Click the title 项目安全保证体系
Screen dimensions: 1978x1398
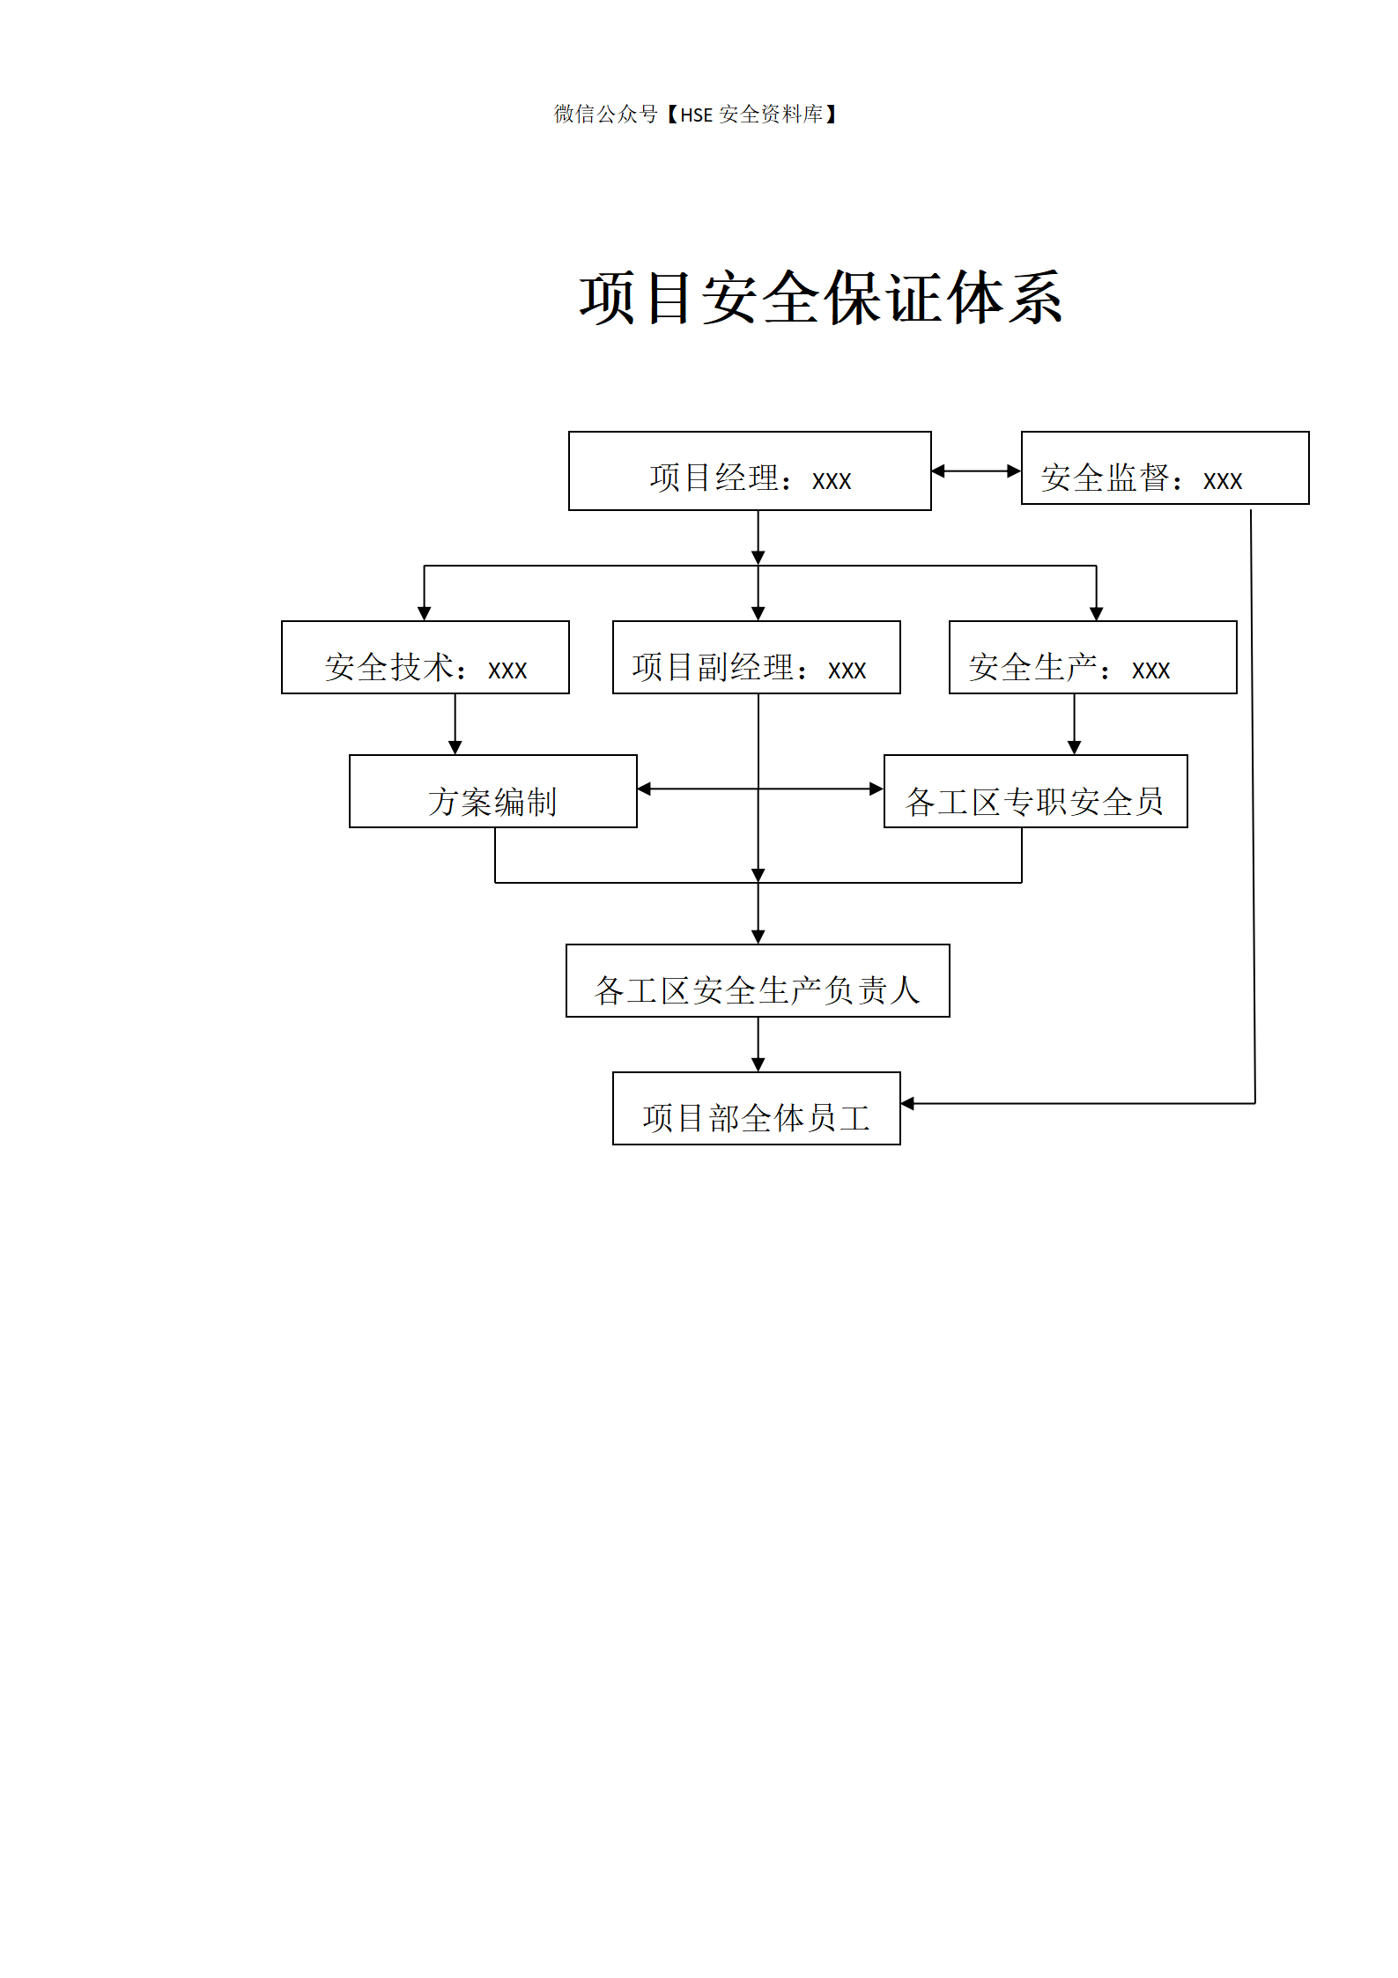tap(820, 299)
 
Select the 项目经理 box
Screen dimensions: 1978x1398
tap(750, 471)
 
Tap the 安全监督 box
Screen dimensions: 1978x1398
tap(1165, 469)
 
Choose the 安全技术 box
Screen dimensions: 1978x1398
tap(425, 658)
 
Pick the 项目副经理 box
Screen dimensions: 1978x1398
tap(756, 658)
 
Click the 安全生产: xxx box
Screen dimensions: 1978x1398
tap(1092, 658)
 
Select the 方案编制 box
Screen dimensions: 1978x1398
tap(492, 792)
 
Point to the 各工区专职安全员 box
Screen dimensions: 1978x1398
tap(1035, 792)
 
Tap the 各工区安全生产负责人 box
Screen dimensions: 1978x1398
tap(758, 982)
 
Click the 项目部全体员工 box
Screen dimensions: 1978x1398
tap(756, 1109)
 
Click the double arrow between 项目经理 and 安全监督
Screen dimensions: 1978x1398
tap(976, 471)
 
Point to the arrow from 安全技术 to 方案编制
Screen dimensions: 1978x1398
tap(455, 724)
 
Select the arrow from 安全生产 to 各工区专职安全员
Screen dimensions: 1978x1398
tap(1074, 724)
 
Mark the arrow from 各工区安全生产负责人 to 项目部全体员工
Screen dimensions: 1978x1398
tap(758, 1045)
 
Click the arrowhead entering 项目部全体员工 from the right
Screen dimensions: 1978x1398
tap(908, 1103)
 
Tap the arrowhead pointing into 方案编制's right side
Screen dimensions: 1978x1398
tap(645, 789)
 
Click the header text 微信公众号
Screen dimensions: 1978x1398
tap(605, 115)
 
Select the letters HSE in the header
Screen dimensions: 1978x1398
tap(696, 115)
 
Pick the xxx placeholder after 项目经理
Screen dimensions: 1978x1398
tap(832, 481)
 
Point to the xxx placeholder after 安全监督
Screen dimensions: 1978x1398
tap(1223, 481)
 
